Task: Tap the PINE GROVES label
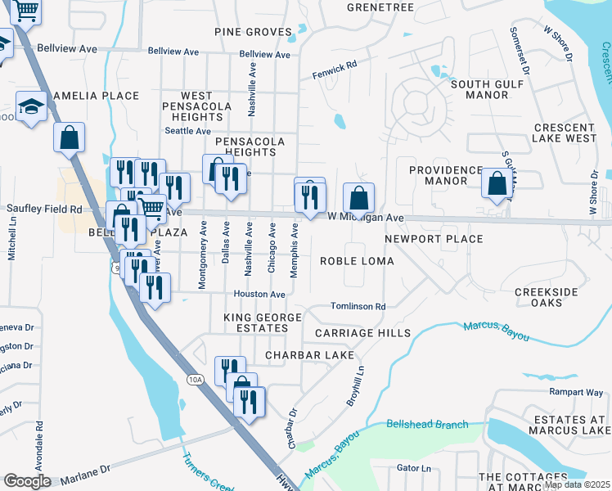253,32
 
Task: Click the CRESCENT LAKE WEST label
565,133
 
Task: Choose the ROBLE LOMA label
357,261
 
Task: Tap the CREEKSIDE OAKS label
546,297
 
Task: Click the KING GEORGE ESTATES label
258,322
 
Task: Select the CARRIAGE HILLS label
362,334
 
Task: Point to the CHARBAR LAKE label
309,355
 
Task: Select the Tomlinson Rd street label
358,307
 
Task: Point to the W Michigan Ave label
366,218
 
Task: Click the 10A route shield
195,380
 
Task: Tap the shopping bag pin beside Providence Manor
497,183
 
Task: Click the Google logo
27,481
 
